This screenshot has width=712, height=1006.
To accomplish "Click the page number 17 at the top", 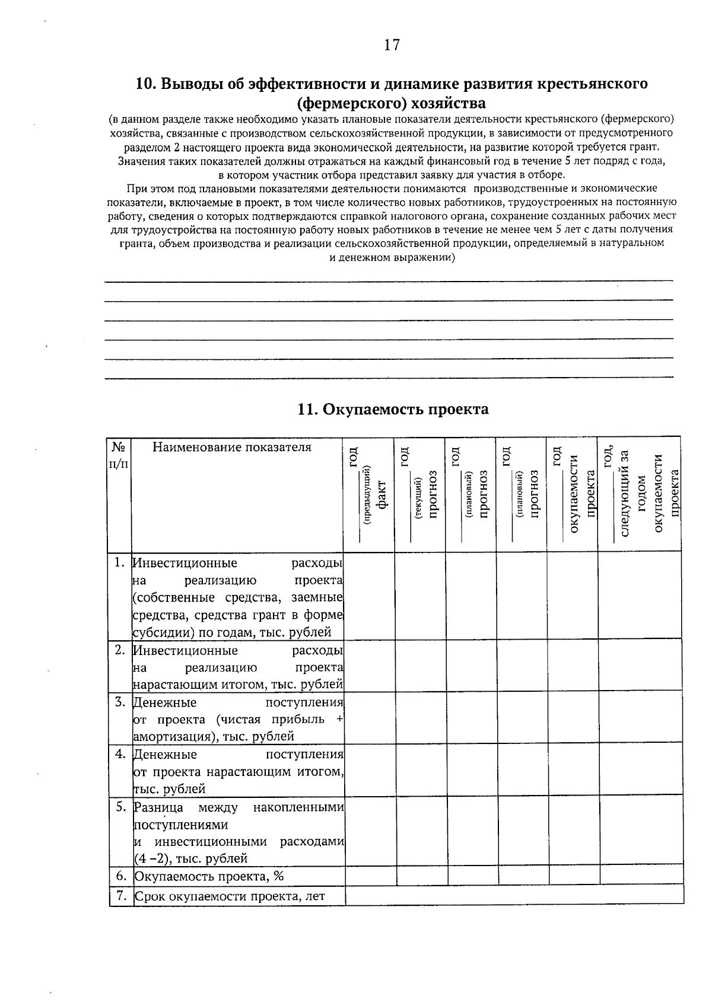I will pos(392,45).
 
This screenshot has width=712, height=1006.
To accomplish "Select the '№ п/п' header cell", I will pos(119,454).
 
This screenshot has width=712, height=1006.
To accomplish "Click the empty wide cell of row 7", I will pos(514,896).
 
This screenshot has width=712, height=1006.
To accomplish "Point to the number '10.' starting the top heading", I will pos(147,84).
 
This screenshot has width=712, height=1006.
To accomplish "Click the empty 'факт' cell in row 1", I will pos(369,596).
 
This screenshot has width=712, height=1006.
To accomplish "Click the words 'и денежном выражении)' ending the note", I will pos(392,258).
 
